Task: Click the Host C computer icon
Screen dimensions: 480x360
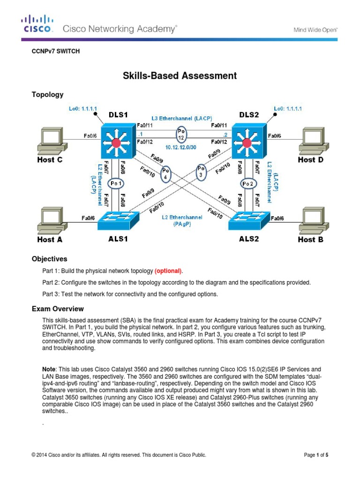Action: point(52,139)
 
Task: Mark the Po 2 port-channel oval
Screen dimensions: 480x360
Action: point(248,183)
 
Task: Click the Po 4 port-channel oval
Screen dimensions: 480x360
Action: point(165,174)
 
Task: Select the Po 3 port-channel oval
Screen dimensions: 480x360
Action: point(201,171)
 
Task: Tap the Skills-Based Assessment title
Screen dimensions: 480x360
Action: point(180,75)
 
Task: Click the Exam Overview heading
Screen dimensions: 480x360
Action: point(58,309)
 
